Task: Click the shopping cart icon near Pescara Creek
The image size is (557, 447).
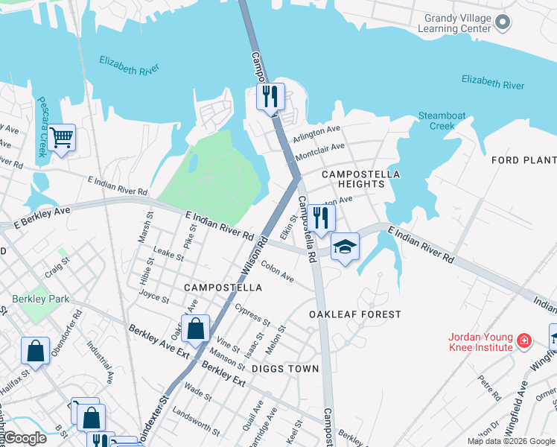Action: pyautogui.click(x=63, y=137)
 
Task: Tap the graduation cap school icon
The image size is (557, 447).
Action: pyautogui.click(x=345, y=246)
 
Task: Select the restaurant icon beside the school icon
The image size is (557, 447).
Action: pyautogui.click(x=321, y=218)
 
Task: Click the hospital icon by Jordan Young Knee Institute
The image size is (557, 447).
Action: pyautogui.click(x=525, y=341)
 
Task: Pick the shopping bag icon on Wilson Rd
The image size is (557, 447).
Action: pyautogui.click(x=195, y=329)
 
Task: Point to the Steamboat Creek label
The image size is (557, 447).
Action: pyautogui.click(x=442, y=121)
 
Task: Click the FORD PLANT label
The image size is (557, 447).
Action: pyautogui.click(x=524, y=160)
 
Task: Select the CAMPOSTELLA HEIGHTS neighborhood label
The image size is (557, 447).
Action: pyautogui.click(x=360, y=179)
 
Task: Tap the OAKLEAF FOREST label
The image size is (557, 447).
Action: pyautogui.click(x=355, y=315)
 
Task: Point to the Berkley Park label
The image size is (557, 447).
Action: pyautogui.click(x=40, y=299)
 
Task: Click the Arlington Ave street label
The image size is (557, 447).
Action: pyautogui.click(x=316, y=133)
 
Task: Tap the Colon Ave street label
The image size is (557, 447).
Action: pyautogui.click(x=277, y=273)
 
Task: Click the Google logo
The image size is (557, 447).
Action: pyautogui.click(x=25, y=438)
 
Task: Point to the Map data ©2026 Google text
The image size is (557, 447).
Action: pyautogui.click(x=510, y=441)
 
